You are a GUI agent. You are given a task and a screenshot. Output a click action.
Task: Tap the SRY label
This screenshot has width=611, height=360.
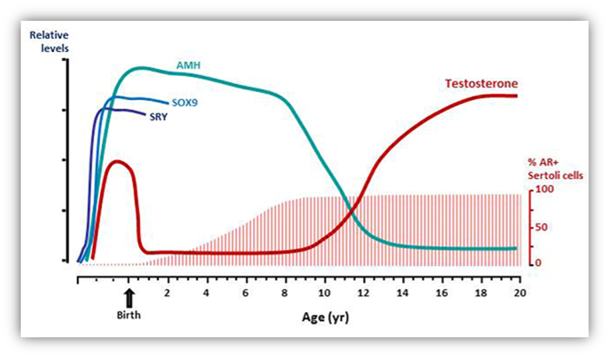[x=160, y=118]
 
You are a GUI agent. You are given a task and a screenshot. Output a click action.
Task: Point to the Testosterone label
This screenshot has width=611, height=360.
[x=480, y=84]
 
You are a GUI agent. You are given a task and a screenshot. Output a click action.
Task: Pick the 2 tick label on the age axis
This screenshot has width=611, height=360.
[x=168, y=292]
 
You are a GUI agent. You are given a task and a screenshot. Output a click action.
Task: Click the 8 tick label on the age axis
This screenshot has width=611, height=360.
[x=286, y=292]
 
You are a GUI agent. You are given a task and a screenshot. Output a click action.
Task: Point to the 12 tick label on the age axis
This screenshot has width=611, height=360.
[x=364, y=292]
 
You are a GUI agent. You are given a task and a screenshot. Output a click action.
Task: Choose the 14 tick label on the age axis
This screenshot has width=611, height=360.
[x=403, y=292]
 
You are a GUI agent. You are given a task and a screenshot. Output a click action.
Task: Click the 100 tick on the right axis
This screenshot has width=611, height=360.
[x=543, y=190]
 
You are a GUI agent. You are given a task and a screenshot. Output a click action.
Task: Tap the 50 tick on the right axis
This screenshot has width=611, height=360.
[x=541, y=227]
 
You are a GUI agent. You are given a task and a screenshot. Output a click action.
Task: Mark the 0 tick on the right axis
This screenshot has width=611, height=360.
[x=538, y=263]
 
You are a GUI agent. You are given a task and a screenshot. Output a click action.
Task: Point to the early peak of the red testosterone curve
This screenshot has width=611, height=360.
[x=117, y=161]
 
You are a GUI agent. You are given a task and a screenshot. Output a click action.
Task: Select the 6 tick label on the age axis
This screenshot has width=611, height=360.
[x=246, y=292]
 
